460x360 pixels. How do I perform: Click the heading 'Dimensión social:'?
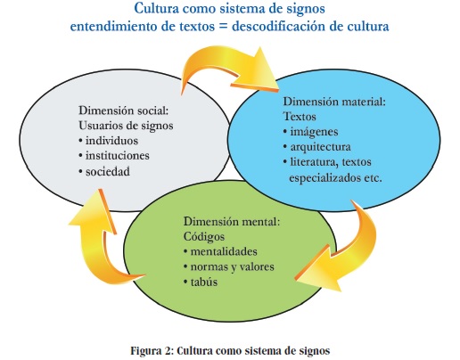(124, 110)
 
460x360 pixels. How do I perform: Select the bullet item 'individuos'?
(111, 141)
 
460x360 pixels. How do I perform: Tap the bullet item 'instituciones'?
(118, 156)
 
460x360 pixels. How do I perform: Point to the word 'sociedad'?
(108, 171)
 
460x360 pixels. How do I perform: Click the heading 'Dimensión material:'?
(334, 102)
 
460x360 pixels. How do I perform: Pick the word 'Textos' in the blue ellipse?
(300, 117)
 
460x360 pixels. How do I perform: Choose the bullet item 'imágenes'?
(314, 132)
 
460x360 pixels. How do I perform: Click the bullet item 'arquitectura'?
(321, 147)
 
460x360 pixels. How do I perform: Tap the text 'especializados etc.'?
(335, 177)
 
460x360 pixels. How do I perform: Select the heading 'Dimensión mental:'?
(232, 222)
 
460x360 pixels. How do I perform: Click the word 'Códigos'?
(204, 236)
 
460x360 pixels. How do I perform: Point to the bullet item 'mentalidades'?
(224, 251)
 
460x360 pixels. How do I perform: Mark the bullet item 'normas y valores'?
(232, 266)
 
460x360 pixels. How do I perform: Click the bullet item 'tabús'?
(204, 282)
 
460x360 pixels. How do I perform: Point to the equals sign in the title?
(223, 27)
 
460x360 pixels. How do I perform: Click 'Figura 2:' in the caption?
(151, 351)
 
